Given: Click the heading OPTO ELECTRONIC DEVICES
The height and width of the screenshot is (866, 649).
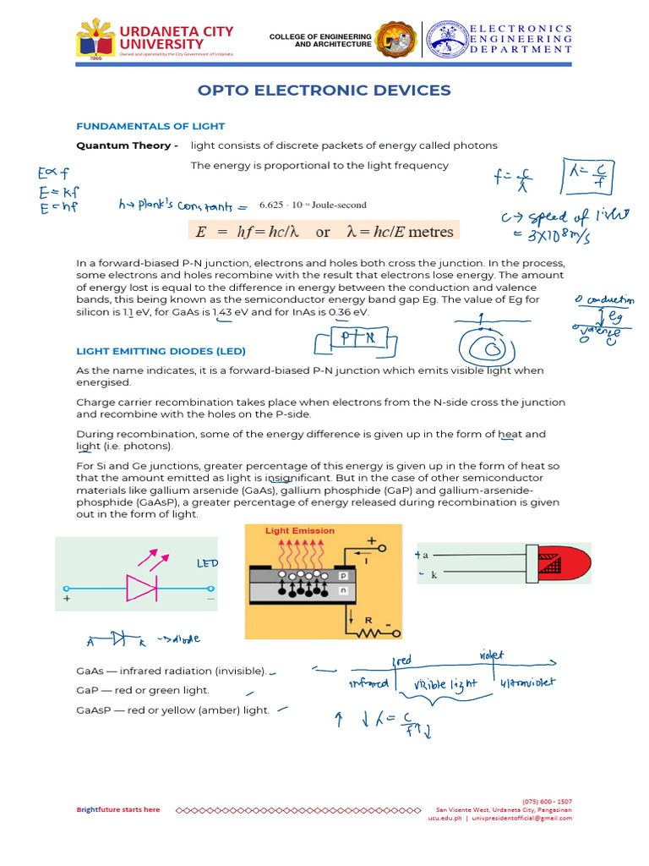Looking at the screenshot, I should (x=324, y=90).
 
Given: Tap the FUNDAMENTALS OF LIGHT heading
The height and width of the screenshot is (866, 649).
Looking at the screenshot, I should (x=150, y=126).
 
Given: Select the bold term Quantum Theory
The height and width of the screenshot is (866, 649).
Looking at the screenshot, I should (x=127, y=145).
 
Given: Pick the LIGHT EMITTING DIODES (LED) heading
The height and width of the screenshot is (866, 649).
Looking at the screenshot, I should (x=161, y=350).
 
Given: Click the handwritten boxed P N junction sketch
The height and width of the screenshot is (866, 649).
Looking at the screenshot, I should (x=354, y=338).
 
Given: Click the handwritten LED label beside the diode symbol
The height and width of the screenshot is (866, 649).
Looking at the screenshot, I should (x=208, y=563).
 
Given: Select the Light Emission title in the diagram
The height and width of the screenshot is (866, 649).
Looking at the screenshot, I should (x=300, y=531).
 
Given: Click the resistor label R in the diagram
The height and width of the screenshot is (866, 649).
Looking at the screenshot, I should (x=368, y=620).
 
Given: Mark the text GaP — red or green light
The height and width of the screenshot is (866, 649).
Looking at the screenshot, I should (x=143, y=691).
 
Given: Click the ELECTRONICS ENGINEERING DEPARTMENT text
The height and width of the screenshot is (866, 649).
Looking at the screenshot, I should (x=521, y=39).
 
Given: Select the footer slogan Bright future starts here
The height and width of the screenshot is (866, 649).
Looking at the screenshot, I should (x=118, y=810).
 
